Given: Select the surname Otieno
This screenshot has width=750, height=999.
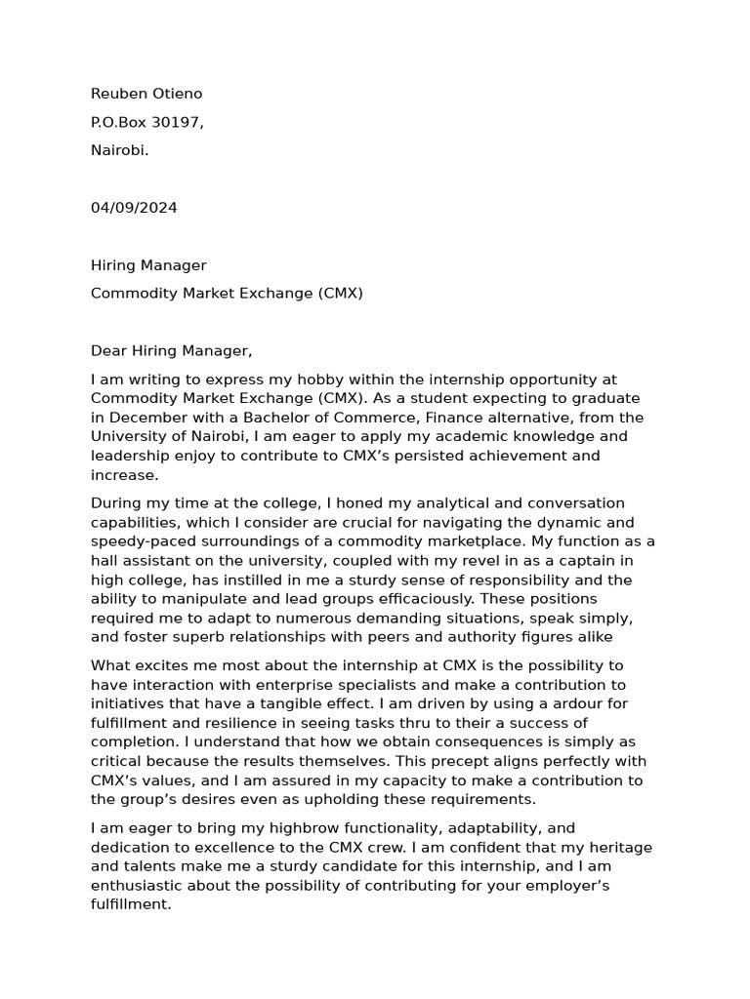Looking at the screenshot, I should [177, 94].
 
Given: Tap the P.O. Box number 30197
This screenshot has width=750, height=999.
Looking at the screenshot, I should [173, 122].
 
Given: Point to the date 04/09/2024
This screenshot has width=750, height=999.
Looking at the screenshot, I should [134, 208].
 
